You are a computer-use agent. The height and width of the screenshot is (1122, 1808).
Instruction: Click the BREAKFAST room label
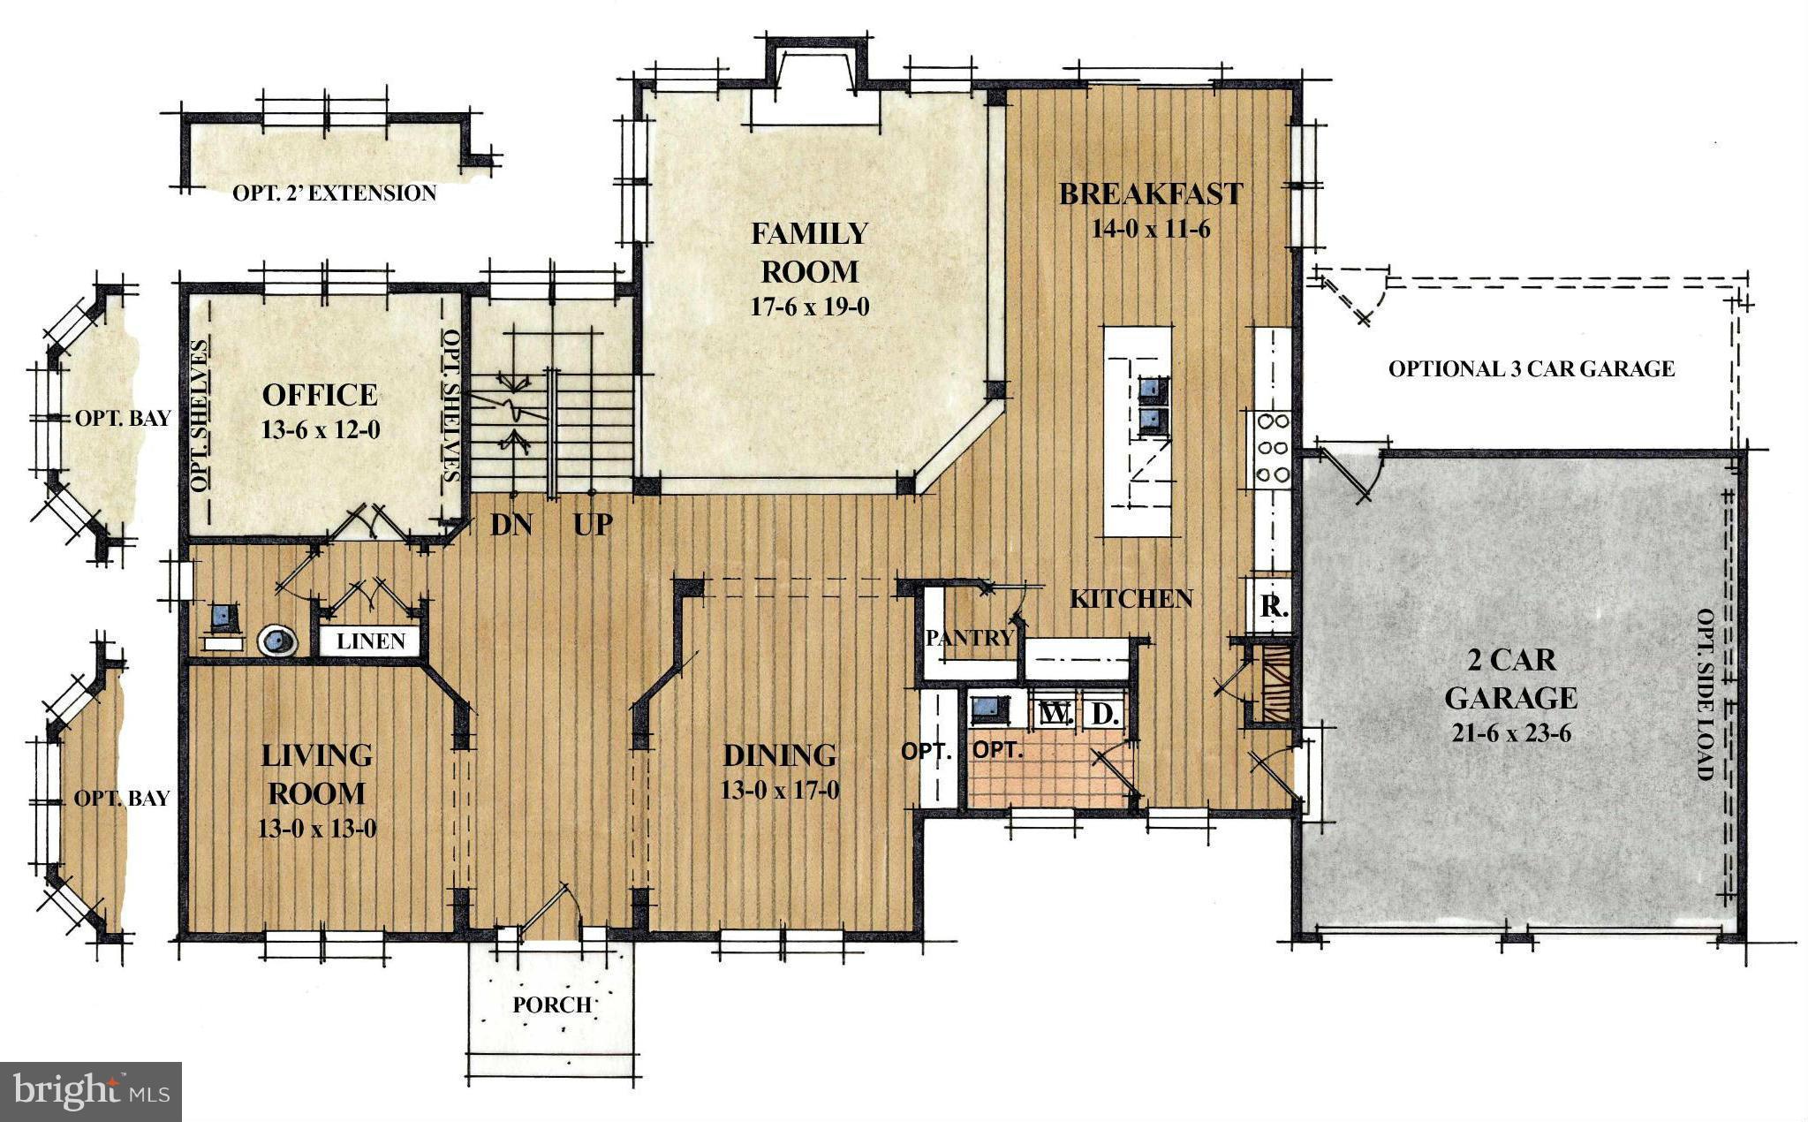tap(1150, 194)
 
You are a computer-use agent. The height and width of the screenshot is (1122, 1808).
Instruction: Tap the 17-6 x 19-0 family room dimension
tap(810, 307)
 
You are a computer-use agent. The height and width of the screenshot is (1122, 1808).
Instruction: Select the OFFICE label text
tap(320, 395)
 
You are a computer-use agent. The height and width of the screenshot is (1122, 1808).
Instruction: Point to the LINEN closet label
tap(371, 641)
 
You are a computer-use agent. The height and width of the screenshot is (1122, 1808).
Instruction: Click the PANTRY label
tap(969, 638)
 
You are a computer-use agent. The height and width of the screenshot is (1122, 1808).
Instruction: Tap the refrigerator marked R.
tap(1272, 607)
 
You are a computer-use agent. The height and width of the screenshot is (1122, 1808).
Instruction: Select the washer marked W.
tap(1053, 713)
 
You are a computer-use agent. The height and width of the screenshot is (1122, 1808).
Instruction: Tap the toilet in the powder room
tap(277, 640)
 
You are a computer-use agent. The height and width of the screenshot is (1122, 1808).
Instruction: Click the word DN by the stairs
tap(511, 525)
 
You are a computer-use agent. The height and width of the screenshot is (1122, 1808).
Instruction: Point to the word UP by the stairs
tap(593, 525)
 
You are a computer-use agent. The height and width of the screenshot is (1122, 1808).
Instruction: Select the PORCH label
tap(552, 1005)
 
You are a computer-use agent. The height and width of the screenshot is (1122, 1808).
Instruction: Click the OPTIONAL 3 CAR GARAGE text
tap(1531, 368)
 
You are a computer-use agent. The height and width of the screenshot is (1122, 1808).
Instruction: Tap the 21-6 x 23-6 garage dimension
tap(1511, 733)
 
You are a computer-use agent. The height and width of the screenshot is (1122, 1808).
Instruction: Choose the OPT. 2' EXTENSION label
tap(334, 193)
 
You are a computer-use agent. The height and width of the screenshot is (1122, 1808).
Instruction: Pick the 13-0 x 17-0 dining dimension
tap(779, 790)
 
